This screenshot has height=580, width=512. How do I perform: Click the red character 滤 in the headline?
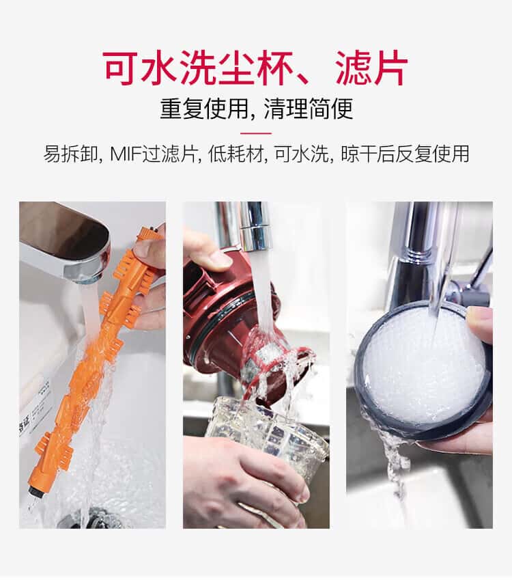pos(353,68)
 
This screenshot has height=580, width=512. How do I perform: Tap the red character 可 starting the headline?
pos(122,68)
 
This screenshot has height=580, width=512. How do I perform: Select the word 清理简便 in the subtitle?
pos(309,109)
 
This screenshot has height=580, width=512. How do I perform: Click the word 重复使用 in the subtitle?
pos(204,109)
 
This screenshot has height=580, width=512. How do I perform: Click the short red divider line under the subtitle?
pos(256,133)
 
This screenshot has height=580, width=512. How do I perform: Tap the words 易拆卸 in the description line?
pos(70,154)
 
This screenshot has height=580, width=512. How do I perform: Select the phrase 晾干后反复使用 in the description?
pos(405,154)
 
